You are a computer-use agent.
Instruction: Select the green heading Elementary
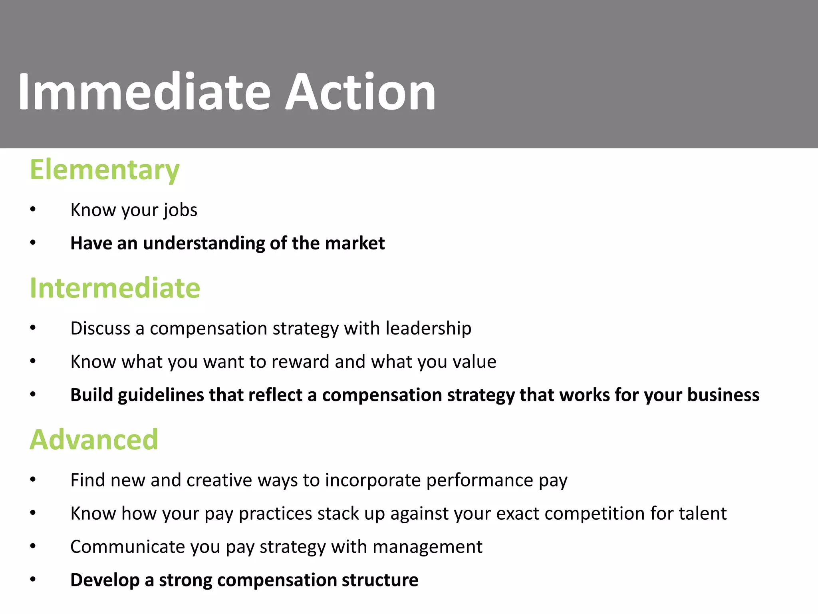(x=105, y=170)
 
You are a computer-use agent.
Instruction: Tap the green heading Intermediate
(x=115, y=288)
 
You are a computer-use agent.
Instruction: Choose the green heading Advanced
(x=94, y=440)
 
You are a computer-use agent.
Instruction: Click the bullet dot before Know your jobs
(x=33, y=209)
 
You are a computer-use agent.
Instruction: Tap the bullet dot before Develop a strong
(x=33, y=579)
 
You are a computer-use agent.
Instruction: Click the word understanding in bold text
(x=204, y=243)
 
